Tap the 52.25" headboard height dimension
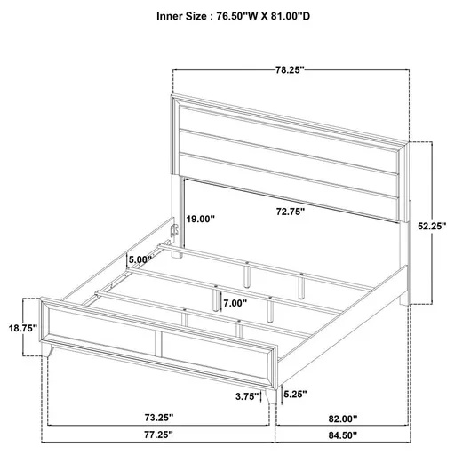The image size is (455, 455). [x=430, y=227]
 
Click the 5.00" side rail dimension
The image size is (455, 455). [x=140, y=259]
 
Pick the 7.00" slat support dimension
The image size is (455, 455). [x=235, y=303]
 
